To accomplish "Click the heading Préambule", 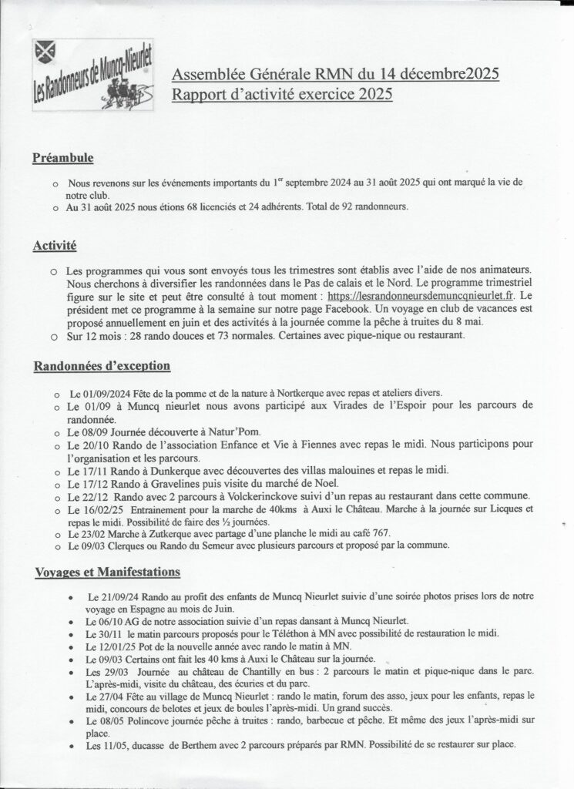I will pyautogui.click(x=63, y=159).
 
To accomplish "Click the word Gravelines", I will pyautogui.click(x=173, y=483).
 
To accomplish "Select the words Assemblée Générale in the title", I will pyautogui.click(x=231, y=75).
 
